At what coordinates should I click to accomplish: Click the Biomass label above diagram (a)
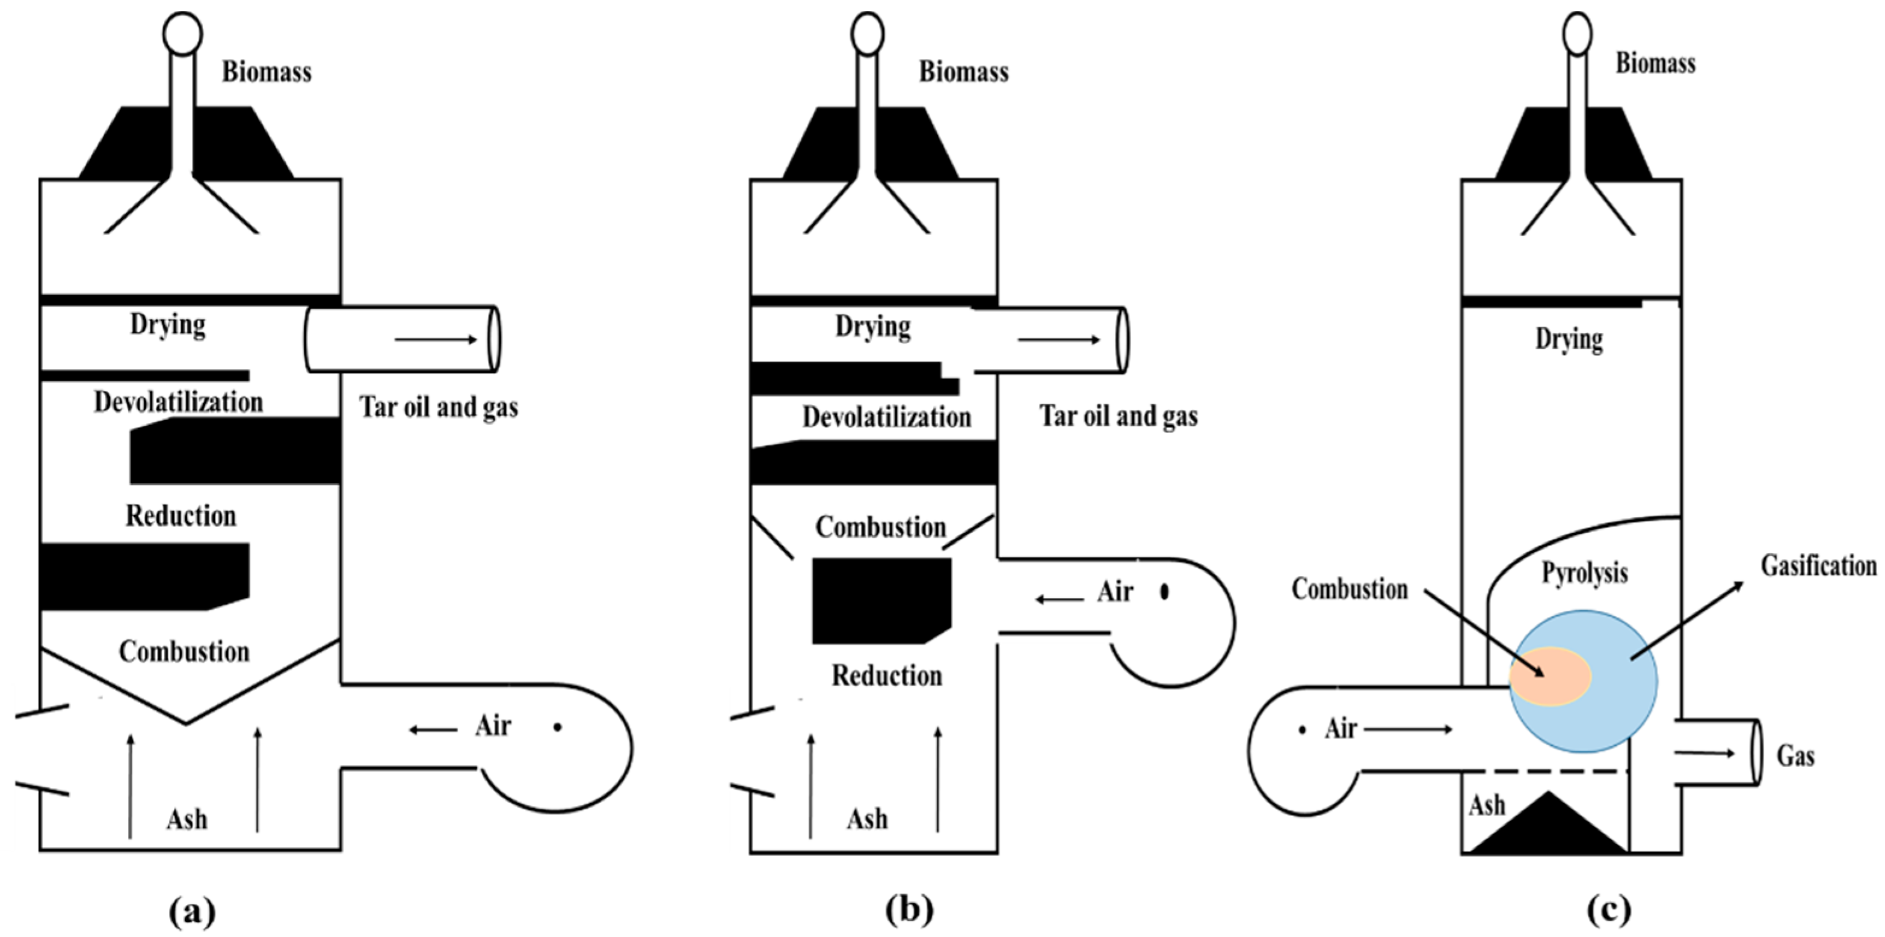click(x=267, y=72)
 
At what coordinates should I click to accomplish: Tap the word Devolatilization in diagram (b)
click(x=886, y=417)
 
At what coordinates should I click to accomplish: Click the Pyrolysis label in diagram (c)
click(x=1584, y=573)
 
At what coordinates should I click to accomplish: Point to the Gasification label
click(x=1818, y=565)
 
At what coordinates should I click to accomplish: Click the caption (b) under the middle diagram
click(x=909, y=911)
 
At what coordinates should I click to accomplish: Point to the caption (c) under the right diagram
click(x=1609, y=911)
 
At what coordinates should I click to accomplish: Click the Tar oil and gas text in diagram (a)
click(x=439, y=407)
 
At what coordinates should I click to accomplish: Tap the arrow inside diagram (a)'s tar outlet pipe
click(x=436, y=339)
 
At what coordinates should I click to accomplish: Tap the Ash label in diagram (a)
click(x=187, y=819)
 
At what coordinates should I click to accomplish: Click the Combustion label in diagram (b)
click(x=880, y=527)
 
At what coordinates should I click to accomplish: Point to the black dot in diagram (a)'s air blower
click(x=558, y=727)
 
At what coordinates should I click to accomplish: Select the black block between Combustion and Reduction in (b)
click(x=881, y=600)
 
